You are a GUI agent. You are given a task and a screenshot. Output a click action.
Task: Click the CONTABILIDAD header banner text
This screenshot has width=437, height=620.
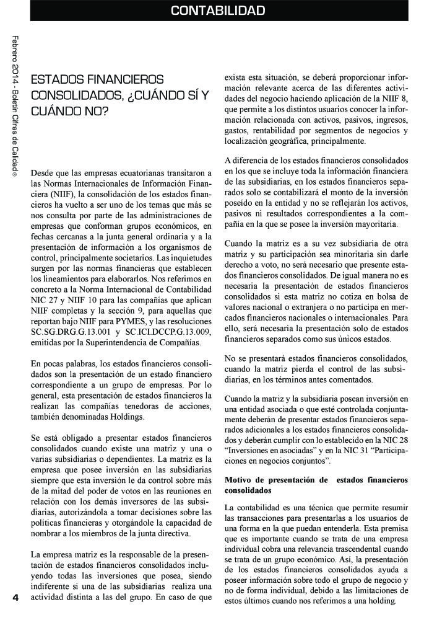click(x=218, y=11)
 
